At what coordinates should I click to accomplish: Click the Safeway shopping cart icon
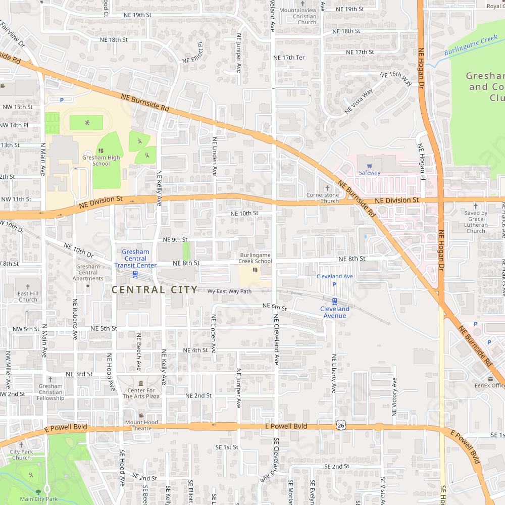[x=370, y=165]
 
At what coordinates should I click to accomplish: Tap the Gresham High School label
[x=101, y=161]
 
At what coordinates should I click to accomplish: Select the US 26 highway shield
[x=341, y=426]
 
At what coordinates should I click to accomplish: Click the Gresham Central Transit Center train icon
[x=135, y=274]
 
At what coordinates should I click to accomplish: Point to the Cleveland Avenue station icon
[x=334, y=301]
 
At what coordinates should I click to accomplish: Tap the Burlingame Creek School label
[x=256, y=258]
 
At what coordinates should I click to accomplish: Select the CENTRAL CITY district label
[x=155, y=290]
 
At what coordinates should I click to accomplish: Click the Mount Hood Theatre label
[x=141, y=425]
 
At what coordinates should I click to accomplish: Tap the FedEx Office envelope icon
[x=490, y=379]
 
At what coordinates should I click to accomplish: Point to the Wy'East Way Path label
[x=229, y=291]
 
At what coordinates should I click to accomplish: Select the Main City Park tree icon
[x=38, y=491]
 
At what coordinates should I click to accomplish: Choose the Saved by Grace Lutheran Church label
[x=476, y=222]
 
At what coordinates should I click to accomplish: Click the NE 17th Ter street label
[x=289, y=58]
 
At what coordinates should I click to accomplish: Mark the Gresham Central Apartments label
[x=88, y=272]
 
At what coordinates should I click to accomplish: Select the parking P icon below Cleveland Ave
[x=334, y=284]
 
